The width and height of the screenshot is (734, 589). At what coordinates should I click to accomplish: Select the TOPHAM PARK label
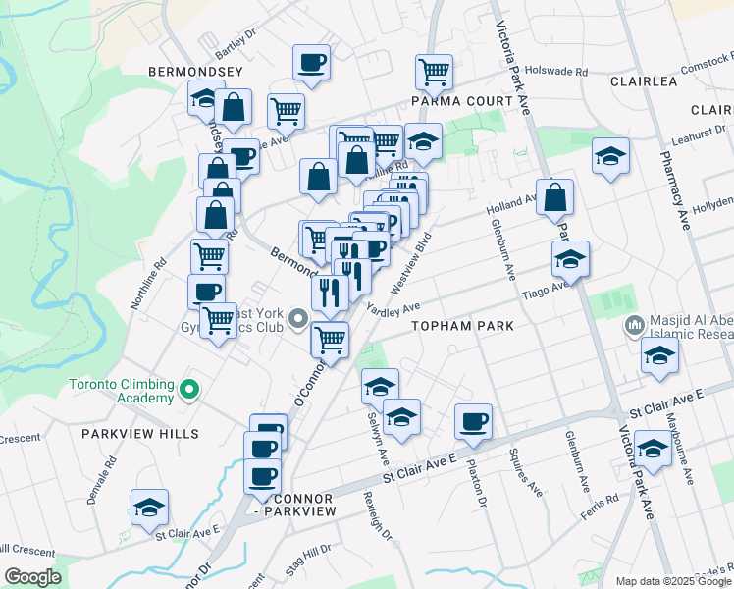(455, 325)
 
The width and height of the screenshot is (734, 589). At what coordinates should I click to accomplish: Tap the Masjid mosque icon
(635, 324)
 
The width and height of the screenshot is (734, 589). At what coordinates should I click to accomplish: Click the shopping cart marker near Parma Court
(433, 71)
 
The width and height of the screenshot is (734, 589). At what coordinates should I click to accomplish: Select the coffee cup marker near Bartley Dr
(311, 63)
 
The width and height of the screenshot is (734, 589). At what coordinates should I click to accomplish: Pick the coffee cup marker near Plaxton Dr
(473, 421)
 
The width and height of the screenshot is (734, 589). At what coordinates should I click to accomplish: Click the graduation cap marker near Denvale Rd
(149, 507)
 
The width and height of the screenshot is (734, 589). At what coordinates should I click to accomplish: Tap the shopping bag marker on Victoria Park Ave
(555, 196)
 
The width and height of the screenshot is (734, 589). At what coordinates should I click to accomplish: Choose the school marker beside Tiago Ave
(569, 258)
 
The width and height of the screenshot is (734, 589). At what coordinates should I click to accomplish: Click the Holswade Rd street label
(554, 71)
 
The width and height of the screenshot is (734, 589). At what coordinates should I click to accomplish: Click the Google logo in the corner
(32, 577)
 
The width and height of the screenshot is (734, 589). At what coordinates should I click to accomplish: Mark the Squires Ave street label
(525, 471)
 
